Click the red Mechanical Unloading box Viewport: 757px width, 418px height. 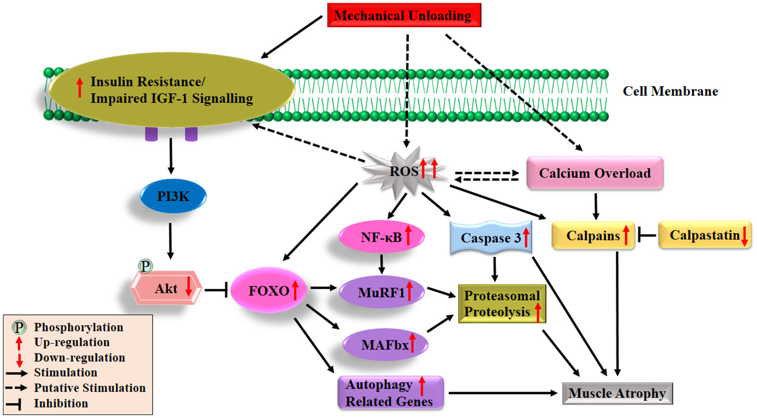(x=404, y=15)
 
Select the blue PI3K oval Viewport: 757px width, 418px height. (x=173, y=197)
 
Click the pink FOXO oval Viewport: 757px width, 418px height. (x=269, y=290)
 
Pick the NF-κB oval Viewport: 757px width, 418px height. (x=382, y=237)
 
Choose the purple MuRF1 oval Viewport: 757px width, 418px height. (x=382, y=292)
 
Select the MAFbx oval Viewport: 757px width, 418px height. (x=385, y=345)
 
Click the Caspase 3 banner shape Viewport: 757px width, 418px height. (x=491, y=238)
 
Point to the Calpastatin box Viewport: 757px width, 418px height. (x=705, y=235)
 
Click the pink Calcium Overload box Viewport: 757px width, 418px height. (x=595, y=173)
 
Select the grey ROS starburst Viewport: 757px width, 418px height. (x=404, y=171)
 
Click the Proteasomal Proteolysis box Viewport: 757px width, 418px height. (x=502, y=304)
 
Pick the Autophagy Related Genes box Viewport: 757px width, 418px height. (x=390, y=393)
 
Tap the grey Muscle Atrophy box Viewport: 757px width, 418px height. (x=618, y=393)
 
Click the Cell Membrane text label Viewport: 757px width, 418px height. (x=670, y=91)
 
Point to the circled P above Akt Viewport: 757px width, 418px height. (x=145, y=266)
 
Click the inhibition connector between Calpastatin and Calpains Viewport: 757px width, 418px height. (x=647, y=236)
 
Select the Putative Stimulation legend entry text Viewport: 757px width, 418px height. (x=90, y=388)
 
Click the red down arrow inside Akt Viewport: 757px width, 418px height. (x=189, y=287)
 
